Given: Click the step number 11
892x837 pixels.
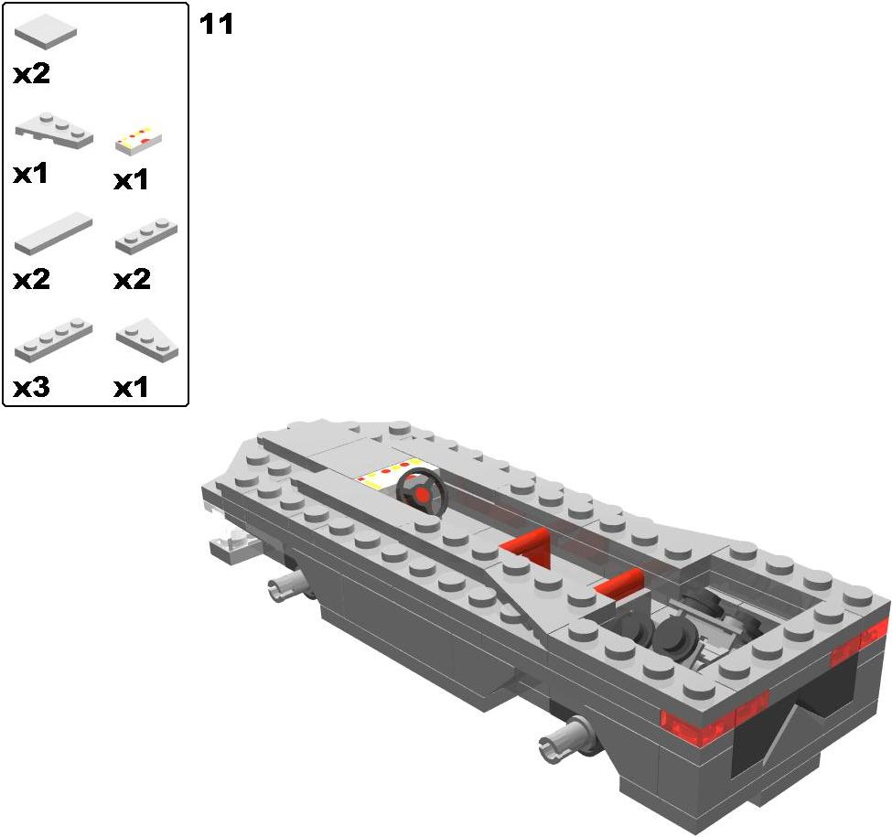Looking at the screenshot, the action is click(216, 25).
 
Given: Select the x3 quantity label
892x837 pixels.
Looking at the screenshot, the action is click(31, 387).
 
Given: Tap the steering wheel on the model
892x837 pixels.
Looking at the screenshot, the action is click(422, 493).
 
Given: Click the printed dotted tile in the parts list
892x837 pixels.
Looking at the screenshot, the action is click(139, 140).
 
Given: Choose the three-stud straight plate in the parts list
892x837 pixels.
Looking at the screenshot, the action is click(146, 235).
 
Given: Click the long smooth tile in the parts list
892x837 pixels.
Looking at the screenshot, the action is click(53, 233).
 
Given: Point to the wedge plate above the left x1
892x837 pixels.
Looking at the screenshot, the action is click(53, 130).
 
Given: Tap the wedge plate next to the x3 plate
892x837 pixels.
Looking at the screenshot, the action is click(146, 340).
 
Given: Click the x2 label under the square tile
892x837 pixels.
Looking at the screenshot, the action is click(32, 74).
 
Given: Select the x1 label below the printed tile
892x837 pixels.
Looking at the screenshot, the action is click(131, 180).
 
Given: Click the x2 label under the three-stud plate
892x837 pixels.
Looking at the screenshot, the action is click(132, 280).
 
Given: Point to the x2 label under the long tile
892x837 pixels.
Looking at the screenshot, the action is click(32, 280).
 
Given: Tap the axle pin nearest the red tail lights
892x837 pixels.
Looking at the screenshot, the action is click(566, 738).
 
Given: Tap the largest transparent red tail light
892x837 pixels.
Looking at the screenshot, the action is click(696, 726).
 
